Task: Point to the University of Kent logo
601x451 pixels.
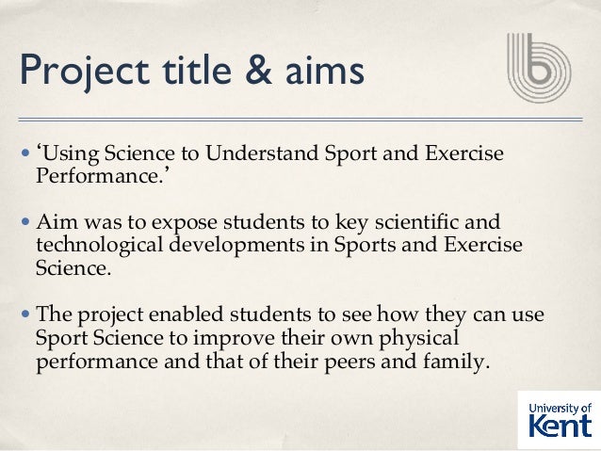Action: [560, 418]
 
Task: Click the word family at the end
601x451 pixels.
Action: [459, 361]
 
